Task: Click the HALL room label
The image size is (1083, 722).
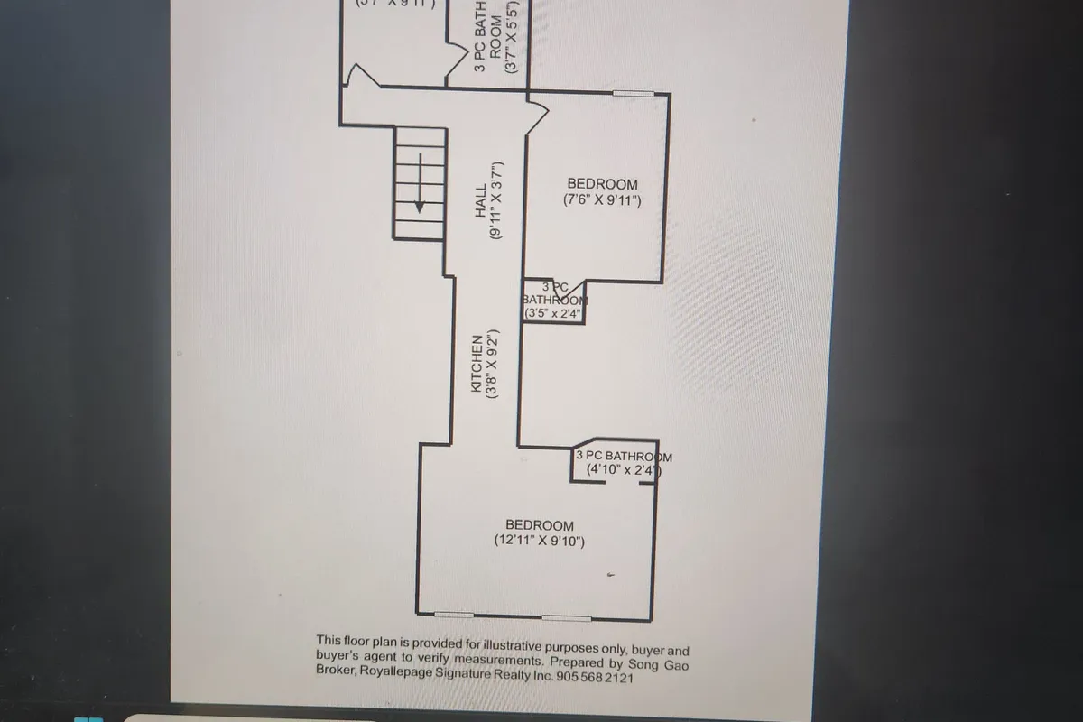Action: [x=481, y=199]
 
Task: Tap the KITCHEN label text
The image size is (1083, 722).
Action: [x=477, y=363]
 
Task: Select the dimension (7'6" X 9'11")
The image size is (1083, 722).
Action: [x=602, y=201]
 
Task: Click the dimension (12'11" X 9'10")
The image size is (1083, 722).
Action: [x=540, y=541]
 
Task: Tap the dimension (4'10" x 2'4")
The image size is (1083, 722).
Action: [x=624, y=470]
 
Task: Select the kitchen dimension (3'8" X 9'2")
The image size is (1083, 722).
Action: [x=494, y=363]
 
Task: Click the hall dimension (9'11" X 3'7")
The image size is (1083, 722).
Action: [x=496, y=199]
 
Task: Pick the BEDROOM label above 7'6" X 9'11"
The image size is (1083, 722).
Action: [x=602, y=184]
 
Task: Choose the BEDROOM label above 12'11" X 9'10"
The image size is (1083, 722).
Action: [x=540, y=525]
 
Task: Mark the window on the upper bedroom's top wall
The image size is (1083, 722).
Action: [x=633, y=93]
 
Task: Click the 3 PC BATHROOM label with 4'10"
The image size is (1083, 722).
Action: [x=624, y=457]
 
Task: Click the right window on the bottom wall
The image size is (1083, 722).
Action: [x=566, y=619]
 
